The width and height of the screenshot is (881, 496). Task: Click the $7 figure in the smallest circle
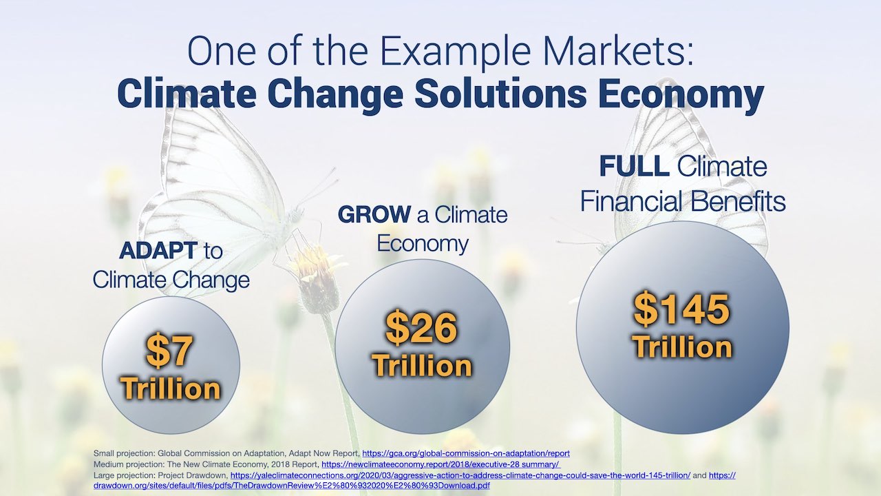click(169, 351)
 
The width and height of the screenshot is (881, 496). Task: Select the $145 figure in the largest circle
click(681, 308)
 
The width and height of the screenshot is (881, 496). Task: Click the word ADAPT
click(158, 250)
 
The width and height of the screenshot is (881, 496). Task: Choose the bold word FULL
click(634, 167)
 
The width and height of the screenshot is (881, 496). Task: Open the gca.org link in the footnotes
click(466, 453)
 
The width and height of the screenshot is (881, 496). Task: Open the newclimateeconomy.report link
click(441, 464)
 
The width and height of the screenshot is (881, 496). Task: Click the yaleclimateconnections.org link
click(460, 475)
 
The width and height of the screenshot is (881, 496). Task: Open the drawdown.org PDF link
click(292, 486)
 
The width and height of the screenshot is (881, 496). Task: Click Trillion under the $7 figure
click(171, 389)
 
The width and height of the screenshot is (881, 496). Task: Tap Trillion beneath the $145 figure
click(681, 347)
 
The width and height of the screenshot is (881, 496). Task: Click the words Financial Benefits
click(683, 201)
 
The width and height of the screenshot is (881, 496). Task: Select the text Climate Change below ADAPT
click(171, 280)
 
